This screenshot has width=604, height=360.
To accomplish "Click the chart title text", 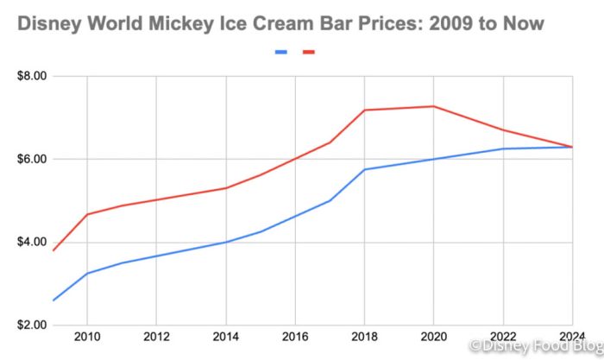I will (280, 23).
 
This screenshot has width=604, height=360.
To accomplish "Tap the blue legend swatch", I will (281, 52).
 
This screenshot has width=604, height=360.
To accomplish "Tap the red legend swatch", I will (309, 52).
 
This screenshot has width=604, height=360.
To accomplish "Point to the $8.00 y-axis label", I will (31, 76).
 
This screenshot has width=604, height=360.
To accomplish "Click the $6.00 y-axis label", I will (31, 159).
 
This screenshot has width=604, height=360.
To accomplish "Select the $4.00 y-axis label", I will (31, 242).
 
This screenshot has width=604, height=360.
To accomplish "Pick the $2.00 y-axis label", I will (31, 325).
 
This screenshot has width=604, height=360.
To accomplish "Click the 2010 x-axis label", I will (86, 336).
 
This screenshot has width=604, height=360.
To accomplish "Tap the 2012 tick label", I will (156, 336).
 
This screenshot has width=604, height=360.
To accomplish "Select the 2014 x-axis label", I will (225, 336).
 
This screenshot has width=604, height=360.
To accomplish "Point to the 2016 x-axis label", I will (295, 336).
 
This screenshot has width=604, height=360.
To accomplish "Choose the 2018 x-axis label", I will (364, 336).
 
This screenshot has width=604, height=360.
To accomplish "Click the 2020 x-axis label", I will (433, 336).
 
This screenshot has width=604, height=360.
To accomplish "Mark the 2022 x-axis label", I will (503, 336).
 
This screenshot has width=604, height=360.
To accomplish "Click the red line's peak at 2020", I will (433, 106).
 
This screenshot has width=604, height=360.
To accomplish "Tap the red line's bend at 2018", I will (364, 110).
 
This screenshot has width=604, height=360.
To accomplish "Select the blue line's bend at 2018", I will (364, 169).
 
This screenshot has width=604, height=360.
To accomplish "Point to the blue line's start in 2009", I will (53, 300).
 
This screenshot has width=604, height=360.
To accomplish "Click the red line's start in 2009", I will (53, 250).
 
